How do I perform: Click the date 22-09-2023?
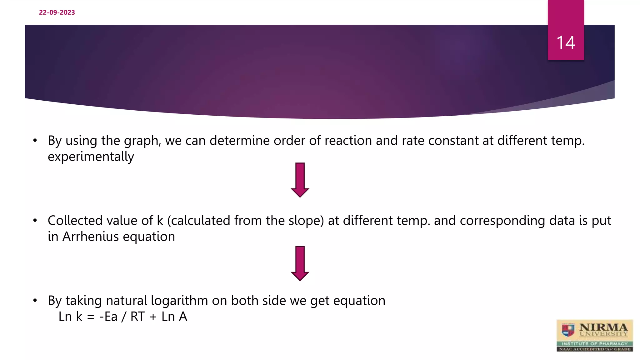(x=57, y=12)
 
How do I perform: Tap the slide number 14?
(x=566, y=42)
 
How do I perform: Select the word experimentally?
(x=91, y=157)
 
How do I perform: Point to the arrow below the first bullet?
(x=300, y=180)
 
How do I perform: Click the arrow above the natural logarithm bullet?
(x=300, y=263)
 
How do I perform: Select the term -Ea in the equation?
(x=108, y=317)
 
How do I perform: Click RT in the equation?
(x=137, y=317)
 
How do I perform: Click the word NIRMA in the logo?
(x=603, y=327)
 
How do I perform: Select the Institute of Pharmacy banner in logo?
(x=595, y=344)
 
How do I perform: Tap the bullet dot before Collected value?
(x=35, y=221)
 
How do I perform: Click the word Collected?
(x=75, y=221)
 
